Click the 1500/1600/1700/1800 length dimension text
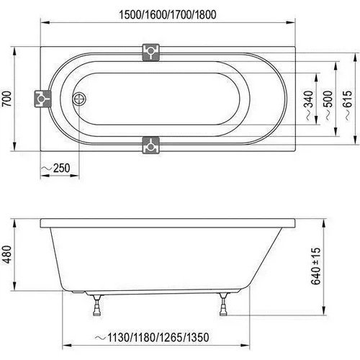pos(168,15)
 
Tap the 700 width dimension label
pos(6,99)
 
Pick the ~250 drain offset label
pos(55,168)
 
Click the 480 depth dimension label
pos(6,254)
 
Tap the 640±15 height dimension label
pos(316,266)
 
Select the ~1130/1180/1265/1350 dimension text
pos(152,338)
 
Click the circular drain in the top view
pos(79,99)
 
